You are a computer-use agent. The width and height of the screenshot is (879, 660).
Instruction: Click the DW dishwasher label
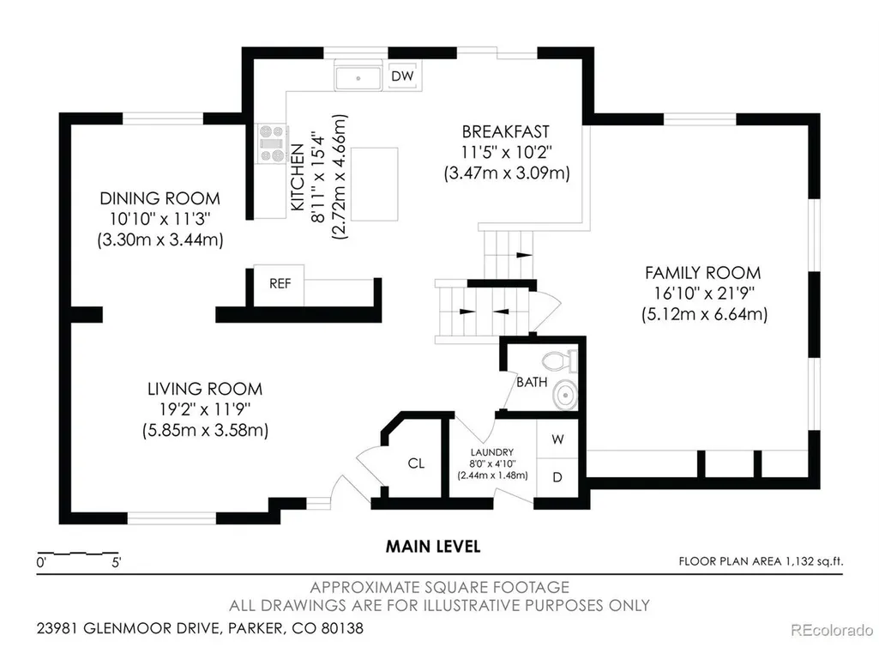(x=402, y=76)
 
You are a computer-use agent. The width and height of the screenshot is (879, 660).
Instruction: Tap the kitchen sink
(x=358, y=77)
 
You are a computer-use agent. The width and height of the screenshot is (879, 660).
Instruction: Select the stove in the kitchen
(x=273, y=143)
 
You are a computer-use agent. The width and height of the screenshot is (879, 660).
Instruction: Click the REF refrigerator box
(x=280, y=285)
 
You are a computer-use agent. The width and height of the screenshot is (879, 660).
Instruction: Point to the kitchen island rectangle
(x=375, y=184)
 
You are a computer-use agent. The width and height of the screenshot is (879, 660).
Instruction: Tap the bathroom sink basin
(x=565, y=395)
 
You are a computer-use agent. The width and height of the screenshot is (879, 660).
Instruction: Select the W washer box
(x=557, y=439)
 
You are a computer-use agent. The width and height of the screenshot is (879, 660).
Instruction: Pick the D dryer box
(x=557, y=477)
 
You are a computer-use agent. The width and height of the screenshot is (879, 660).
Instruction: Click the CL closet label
(x=416, y=463)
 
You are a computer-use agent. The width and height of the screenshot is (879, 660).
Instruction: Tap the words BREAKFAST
(x=506, y=132)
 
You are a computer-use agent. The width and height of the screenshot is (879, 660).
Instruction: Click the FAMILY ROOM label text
(x=703, y=273)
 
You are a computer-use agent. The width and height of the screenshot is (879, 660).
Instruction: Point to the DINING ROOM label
(x=160, y=198)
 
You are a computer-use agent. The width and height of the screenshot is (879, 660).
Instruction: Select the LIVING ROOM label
(x=205, y=389)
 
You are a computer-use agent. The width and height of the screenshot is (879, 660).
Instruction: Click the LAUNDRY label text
(x=492, y=452)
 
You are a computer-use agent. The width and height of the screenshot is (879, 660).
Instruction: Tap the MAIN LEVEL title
(x=433, y=547)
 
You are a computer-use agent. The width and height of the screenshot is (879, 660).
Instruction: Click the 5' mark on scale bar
(x=116, y=563)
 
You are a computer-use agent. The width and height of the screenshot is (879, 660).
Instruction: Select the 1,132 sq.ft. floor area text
(x=814, y=561)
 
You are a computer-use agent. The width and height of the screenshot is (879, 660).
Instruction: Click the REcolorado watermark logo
(x=832, y=630)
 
